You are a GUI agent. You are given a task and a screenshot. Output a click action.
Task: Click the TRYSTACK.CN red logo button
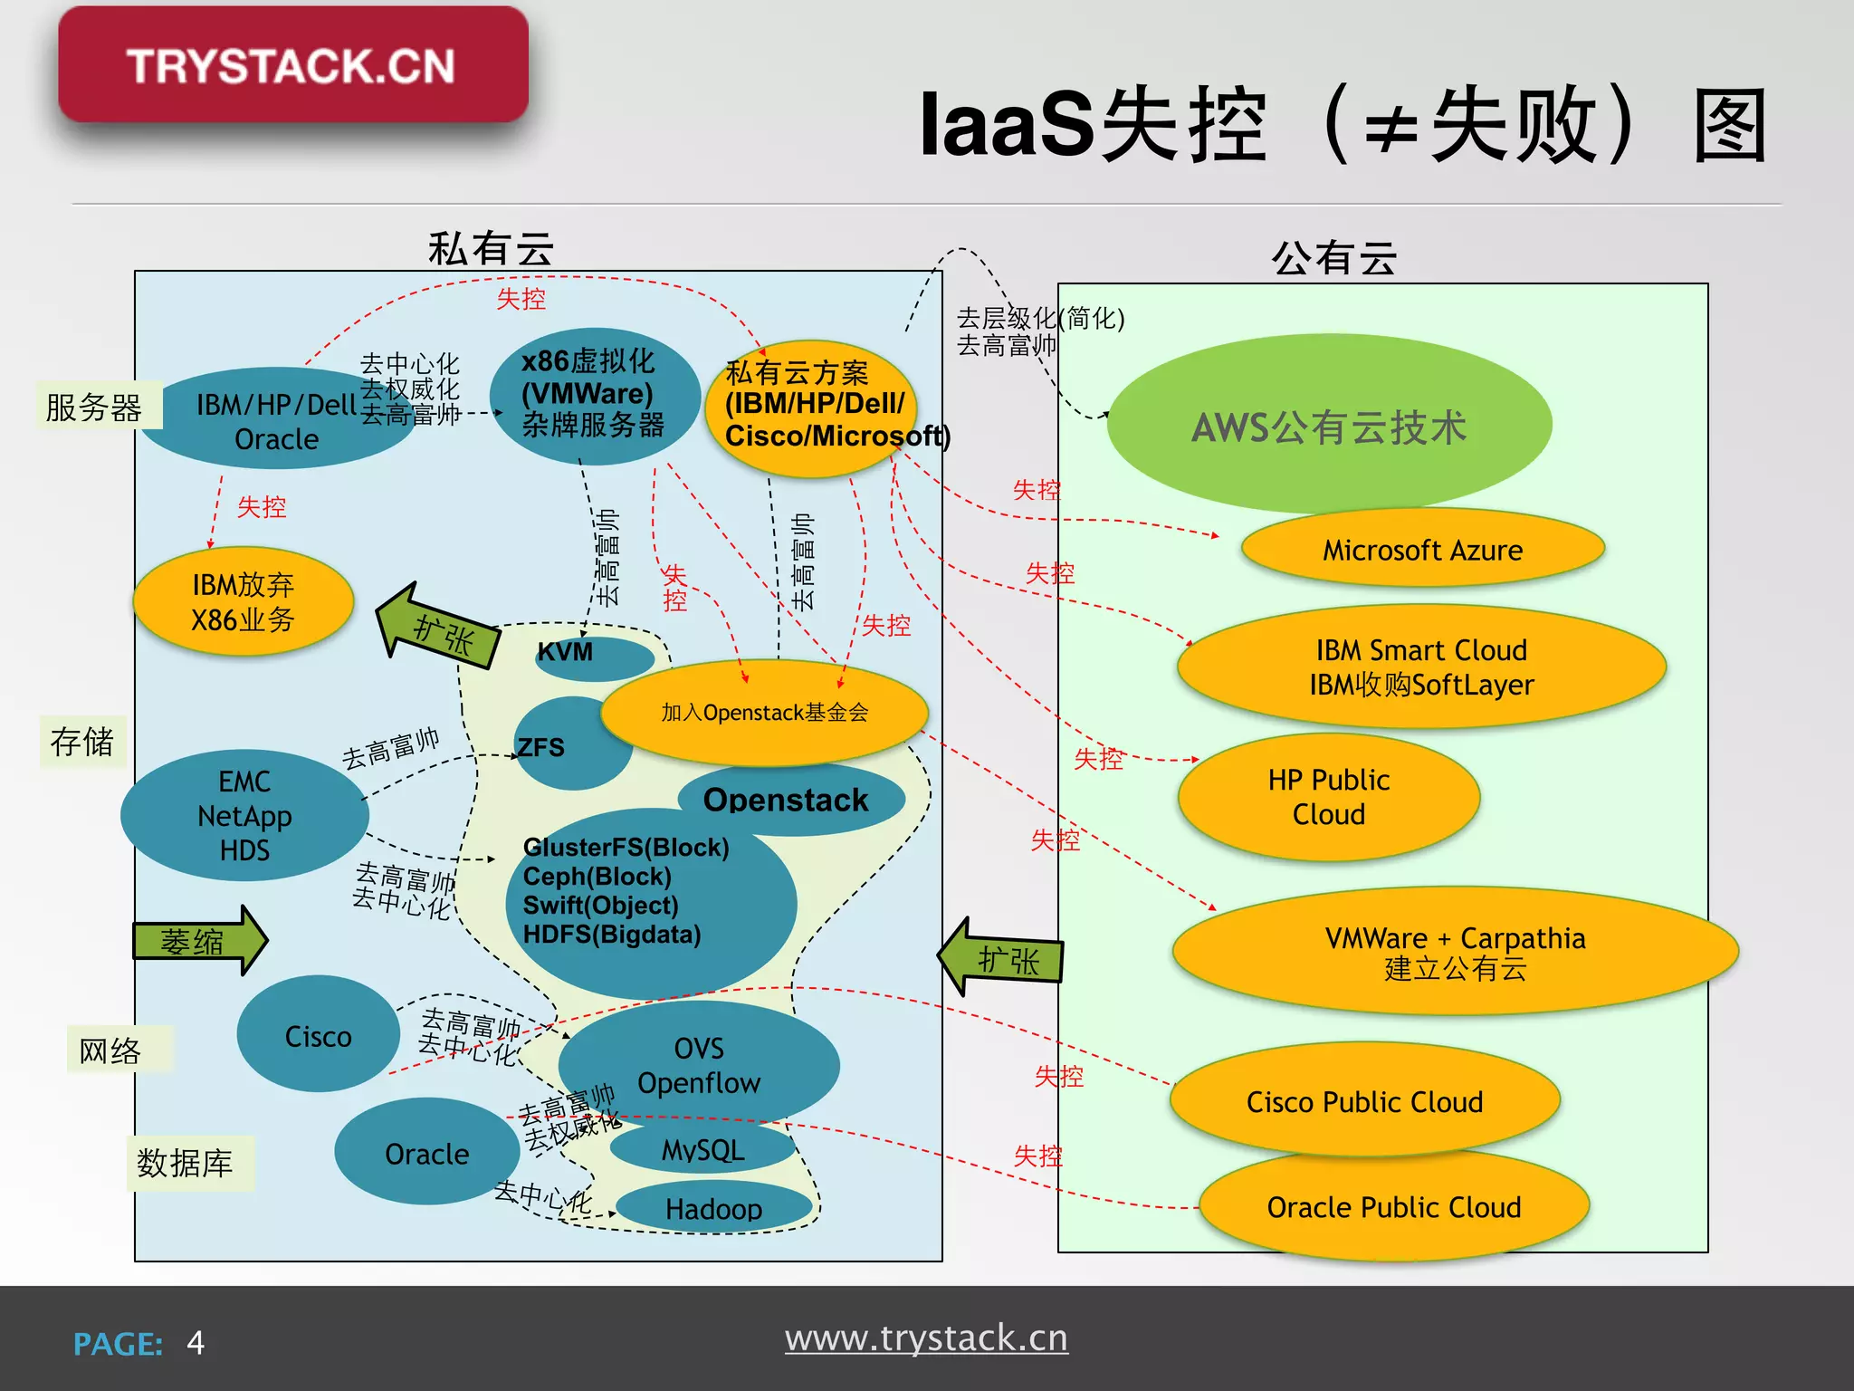[x=292, y=65]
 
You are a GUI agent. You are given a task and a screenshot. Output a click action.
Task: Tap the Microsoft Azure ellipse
[x=1422, y=549]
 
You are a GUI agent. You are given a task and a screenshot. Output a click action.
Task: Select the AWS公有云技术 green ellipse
[x=1328, y=427]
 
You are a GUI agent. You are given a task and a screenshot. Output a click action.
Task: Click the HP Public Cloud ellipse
[x=1328, y=797]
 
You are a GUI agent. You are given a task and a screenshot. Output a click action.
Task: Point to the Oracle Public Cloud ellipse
[x=1393, y=1207]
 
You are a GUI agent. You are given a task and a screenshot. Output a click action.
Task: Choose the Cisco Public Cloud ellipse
[x=1364, y=1101]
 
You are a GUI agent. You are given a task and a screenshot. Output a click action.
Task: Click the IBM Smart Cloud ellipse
[x=1420, y=667]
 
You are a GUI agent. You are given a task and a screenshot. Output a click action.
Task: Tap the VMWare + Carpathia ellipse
[x=1455, y=952]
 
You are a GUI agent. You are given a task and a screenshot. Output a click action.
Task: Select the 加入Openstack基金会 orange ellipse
[x=764, y=713]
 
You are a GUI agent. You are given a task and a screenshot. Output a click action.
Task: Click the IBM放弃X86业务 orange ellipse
[x=243, y=602]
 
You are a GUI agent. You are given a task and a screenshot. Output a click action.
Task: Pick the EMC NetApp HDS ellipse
[x=244, y=815]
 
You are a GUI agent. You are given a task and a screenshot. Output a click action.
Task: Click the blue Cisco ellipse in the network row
[x=318, y=1035]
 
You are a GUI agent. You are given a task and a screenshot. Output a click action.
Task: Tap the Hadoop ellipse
[x=713, y=1208]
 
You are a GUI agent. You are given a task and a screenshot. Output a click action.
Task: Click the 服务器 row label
[x=94, y=407]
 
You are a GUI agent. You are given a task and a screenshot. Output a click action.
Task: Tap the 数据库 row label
[x=186, y=1163]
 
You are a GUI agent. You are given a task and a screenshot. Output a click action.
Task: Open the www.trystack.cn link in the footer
[x=926, y=1338]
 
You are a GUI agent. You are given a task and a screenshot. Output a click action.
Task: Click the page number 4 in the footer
[x=196, y=1342]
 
